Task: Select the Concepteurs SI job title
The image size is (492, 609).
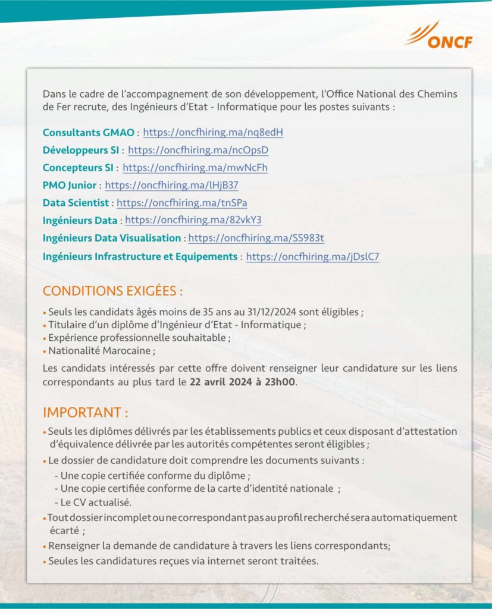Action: click(x=78, y=168)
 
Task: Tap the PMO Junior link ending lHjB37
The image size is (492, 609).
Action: click(x=171, y=186)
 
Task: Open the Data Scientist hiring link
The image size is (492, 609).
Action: click(x=181, y=203)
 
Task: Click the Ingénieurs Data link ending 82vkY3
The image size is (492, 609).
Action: click(x=193, y=220)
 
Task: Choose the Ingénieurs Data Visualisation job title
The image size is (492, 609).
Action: click(x=112, y=238)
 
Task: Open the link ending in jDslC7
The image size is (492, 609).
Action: click(x=312, y=257)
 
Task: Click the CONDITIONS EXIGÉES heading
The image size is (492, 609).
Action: click(x=112, y=292)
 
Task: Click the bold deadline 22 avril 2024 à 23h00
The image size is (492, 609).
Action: click(x=242, y=382)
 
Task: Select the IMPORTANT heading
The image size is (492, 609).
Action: click(x=86, y=412)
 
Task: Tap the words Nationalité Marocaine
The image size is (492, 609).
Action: click(x=101, y=351)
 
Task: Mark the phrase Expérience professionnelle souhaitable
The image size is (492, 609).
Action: click(x=138, y=338)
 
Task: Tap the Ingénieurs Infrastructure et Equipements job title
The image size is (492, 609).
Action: click(x=140, y=257)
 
